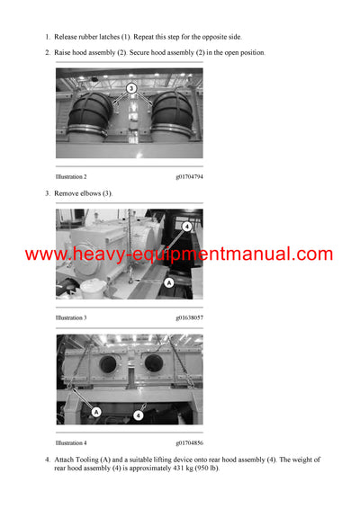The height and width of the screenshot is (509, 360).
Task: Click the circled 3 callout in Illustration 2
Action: [x=130, y=89]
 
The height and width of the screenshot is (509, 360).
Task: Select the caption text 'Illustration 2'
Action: [x=71, y=177]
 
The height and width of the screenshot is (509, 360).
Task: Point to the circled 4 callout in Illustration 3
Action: [x=187, y=227]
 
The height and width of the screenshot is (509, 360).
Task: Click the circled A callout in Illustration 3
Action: [x=168, y=282]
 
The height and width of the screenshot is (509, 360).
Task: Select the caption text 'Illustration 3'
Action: [x=71, y=317]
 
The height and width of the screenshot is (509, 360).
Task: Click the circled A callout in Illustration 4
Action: [x=96, y=412]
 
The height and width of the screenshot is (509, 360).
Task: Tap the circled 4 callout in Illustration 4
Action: [x=138, y=415]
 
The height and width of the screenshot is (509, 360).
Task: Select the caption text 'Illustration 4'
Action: [x=71, y=442]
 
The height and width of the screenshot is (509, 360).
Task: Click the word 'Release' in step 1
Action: [x=67, y=37]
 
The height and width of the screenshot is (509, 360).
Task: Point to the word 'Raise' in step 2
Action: [x=64, y=53]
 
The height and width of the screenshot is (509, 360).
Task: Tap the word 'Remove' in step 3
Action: [x=67, y=193]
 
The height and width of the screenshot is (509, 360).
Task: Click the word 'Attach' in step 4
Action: [x=66, y=460]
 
